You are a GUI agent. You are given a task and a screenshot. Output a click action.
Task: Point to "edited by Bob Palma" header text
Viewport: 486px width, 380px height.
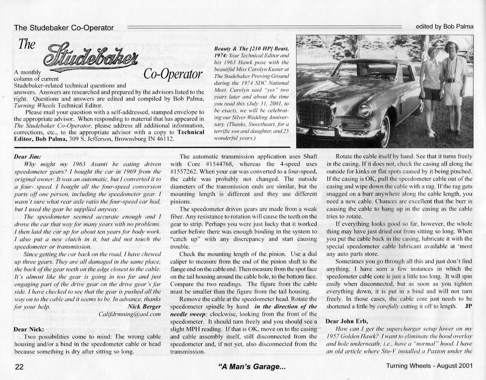[444, 27]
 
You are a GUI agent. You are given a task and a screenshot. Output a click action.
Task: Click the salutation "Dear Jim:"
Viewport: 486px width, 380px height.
[28, 157]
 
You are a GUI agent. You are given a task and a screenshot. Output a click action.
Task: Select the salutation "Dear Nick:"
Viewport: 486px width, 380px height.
[29, 330]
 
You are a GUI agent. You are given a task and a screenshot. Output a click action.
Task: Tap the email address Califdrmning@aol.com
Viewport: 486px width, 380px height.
[130, 314]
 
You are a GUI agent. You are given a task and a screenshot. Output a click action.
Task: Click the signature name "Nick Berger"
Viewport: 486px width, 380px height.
[144, 307]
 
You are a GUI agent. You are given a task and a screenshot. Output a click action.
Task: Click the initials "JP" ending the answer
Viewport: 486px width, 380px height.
[468, 306]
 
